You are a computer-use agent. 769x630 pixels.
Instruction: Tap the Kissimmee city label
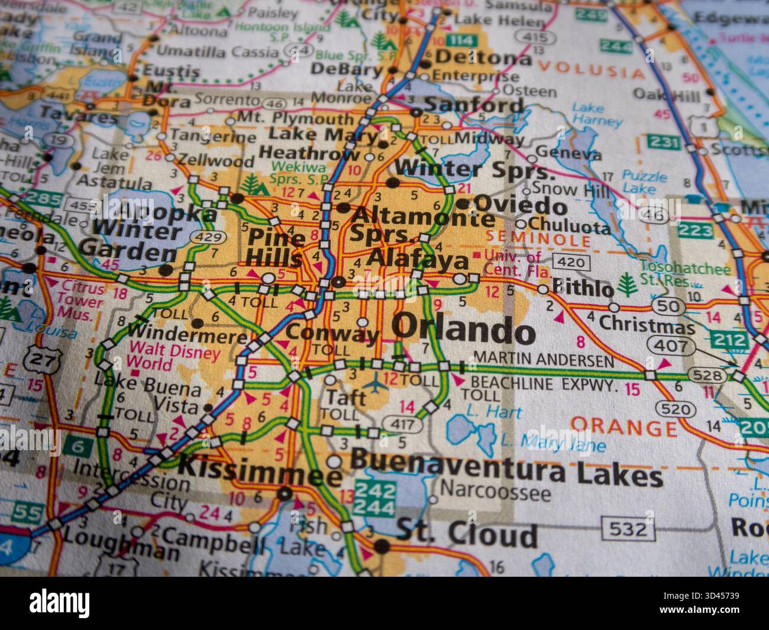pos(260,467)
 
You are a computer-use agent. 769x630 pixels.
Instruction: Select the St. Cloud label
pos(466,535)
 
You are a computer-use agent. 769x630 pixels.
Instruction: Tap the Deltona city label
pos(483,58)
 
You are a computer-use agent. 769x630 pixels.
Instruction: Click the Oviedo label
pos(521,206)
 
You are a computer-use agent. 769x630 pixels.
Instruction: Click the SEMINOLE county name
pos(538,240)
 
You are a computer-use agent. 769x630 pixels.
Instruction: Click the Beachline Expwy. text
pos(546,384)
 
